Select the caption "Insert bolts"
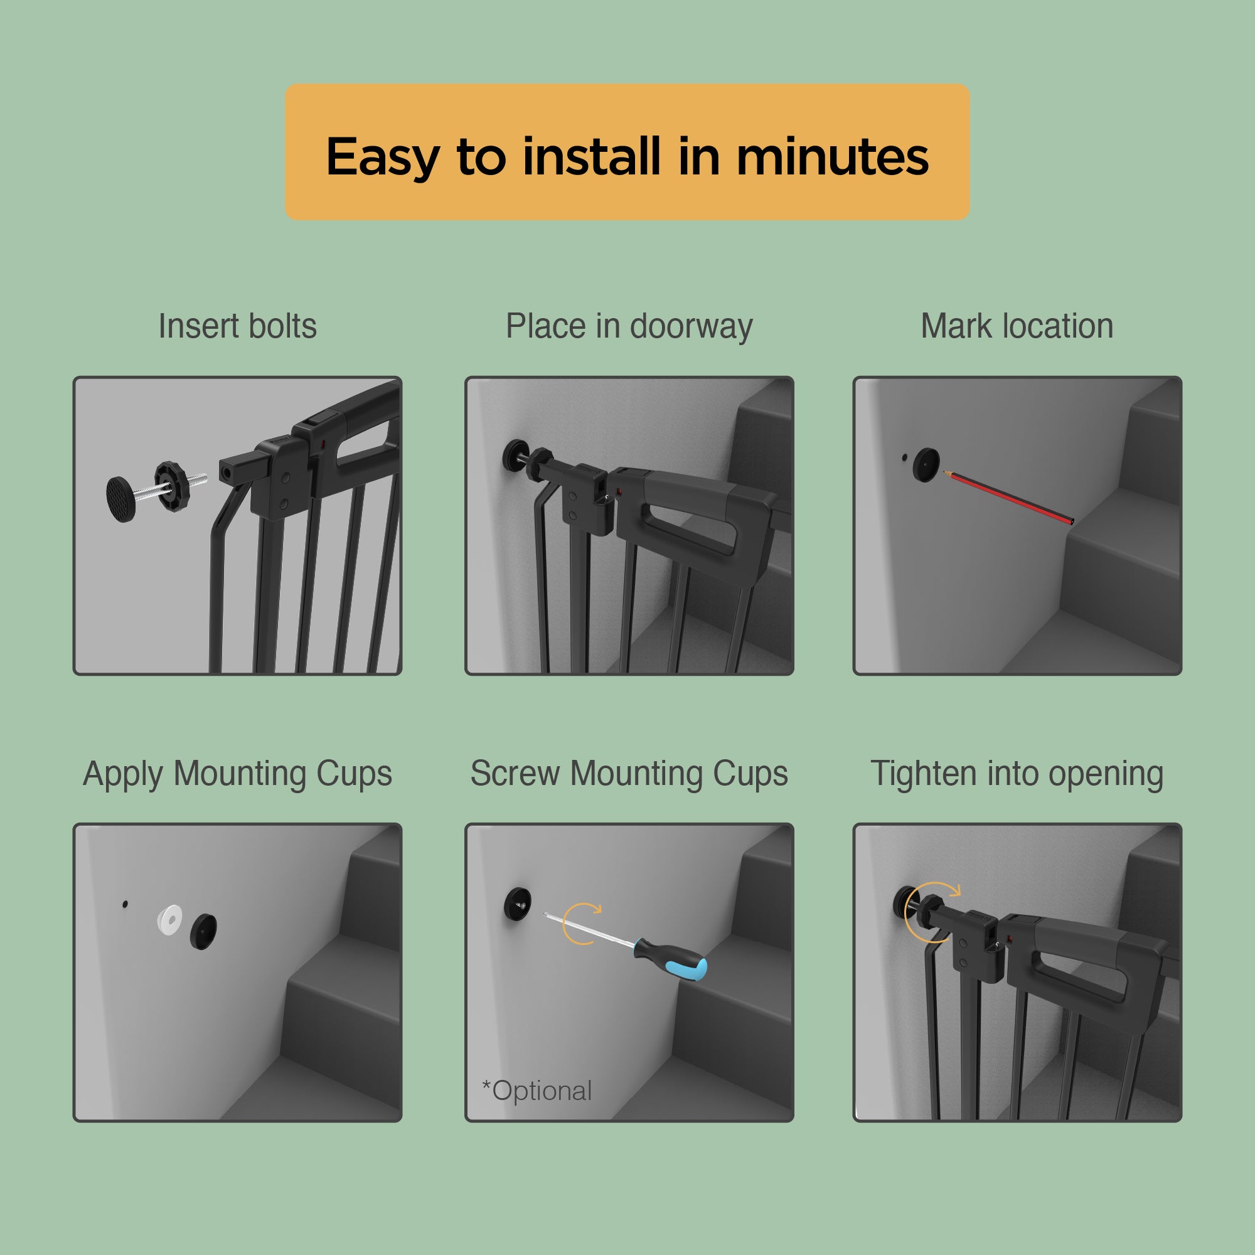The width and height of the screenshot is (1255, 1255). (237, 326)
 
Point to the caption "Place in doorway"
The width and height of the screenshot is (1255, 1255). (629, 327)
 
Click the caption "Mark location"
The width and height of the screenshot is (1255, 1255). (1017, 326)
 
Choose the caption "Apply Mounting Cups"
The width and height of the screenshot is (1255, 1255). (237, 774)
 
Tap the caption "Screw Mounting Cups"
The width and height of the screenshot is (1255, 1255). (629, 774)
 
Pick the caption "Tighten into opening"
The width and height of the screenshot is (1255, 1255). (1017, 774)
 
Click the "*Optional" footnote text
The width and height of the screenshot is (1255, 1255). (537, 1091)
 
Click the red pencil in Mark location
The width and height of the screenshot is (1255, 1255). (1008, 498)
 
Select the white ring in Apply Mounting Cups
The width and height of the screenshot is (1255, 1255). (170, 920)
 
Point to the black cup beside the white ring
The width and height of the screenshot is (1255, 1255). (203, 931)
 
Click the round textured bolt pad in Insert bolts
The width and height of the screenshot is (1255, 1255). (122, 499)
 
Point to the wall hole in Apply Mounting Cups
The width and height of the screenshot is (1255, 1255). (125, 904)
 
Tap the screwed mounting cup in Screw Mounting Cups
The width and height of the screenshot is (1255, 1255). (518, 903)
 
